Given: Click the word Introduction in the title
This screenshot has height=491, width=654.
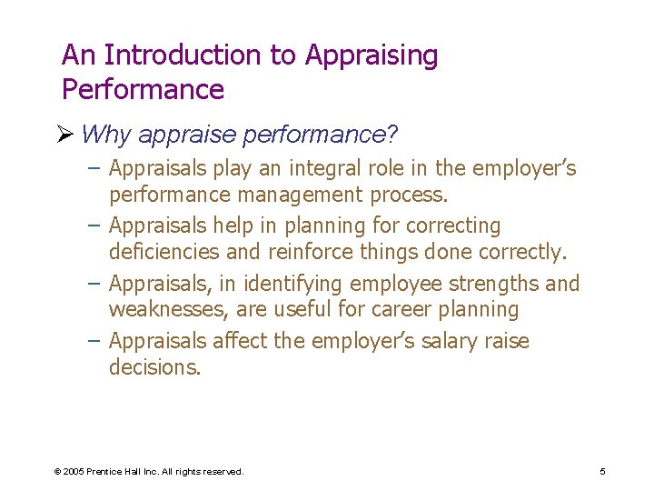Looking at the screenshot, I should point(184,55).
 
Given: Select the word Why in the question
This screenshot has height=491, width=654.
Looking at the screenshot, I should point(105,135).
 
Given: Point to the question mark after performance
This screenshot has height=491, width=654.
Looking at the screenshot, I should point(392,135).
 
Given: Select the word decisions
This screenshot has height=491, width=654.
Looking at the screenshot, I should point(154,368).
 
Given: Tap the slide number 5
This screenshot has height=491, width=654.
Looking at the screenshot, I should point(602,472).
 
